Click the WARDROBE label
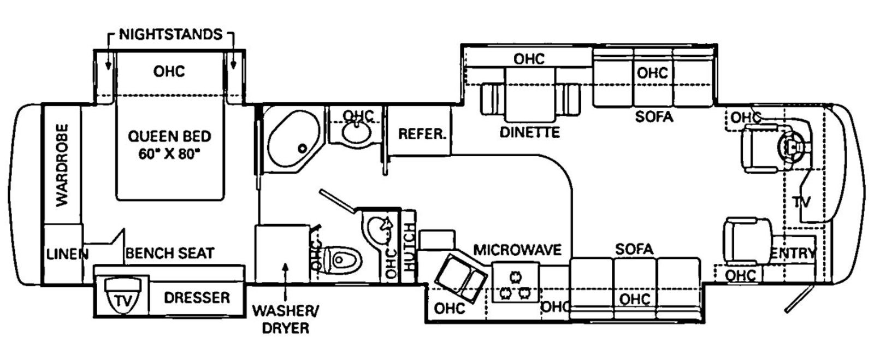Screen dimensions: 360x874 [62, 165]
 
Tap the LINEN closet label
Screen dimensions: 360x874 [67, 253]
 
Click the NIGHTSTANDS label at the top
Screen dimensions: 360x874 [170, 34]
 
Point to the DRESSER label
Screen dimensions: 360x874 [197, 298]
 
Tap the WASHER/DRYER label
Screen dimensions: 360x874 [285, 319]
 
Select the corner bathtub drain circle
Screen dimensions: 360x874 [302, 148]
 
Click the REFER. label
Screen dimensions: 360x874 [422, 134]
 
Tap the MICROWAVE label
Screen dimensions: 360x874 [517, 250]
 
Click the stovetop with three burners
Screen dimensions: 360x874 [516, 283]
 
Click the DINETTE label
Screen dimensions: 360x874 [529, 132]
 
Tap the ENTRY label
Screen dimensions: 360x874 [793, 253]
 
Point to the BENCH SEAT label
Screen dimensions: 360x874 [170, 253]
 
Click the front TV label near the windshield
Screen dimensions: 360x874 [801, 202]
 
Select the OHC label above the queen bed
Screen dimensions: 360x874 [169, 72]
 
